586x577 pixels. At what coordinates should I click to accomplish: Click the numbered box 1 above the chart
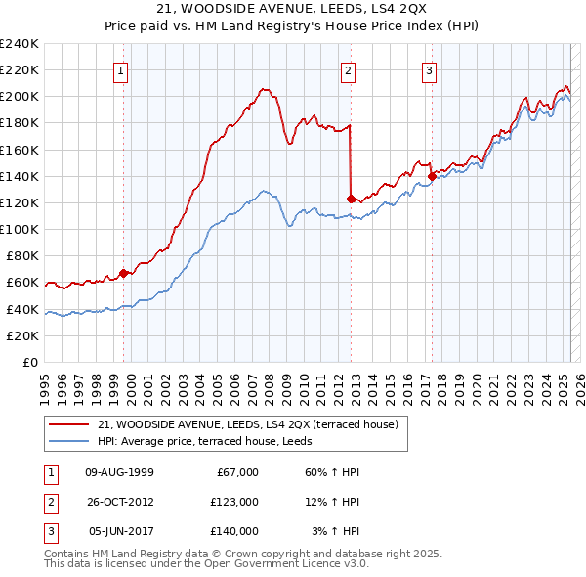click(120, 69)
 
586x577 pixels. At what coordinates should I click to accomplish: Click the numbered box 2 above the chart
click(348, 69)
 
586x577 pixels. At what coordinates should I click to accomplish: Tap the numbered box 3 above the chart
click(429, 69)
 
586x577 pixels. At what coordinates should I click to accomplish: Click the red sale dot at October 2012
click(351, 198)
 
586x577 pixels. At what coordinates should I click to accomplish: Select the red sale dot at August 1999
click(123, 273)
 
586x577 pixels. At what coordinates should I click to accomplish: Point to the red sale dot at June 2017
click(431, 176)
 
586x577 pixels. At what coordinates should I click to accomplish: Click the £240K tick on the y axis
click(20, 43)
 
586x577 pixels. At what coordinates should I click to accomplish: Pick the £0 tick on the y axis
click(30, 362)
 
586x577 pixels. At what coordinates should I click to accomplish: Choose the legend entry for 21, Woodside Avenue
click(247, 425)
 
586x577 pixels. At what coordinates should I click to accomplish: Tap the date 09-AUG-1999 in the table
click(120, 472)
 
